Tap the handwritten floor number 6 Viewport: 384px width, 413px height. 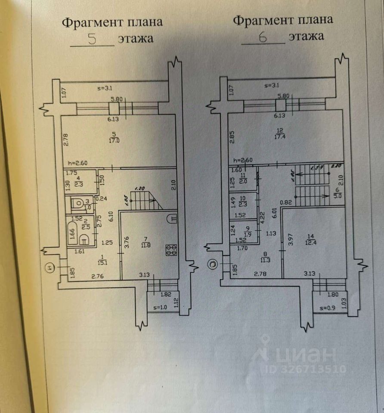point(263,38)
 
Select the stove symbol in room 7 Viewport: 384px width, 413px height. point(172,250)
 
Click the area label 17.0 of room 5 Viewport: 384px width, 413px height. point(114,140)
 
